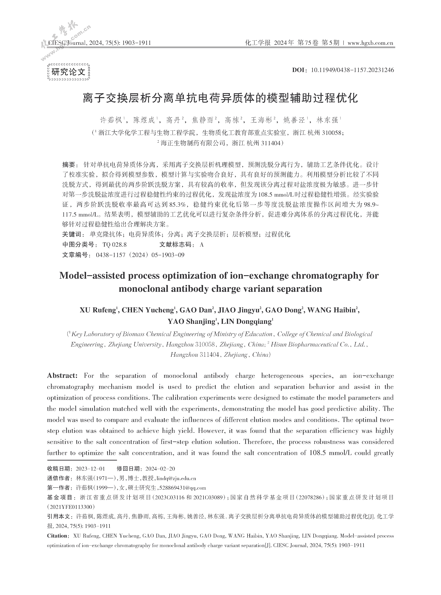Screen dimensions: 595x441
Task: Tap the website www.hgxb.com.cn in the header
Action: point(370,43)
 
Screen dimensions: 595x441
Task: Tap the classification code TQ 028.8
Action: point(115,245)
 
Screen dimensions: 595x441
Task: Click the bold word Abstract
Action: point(62,376)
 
